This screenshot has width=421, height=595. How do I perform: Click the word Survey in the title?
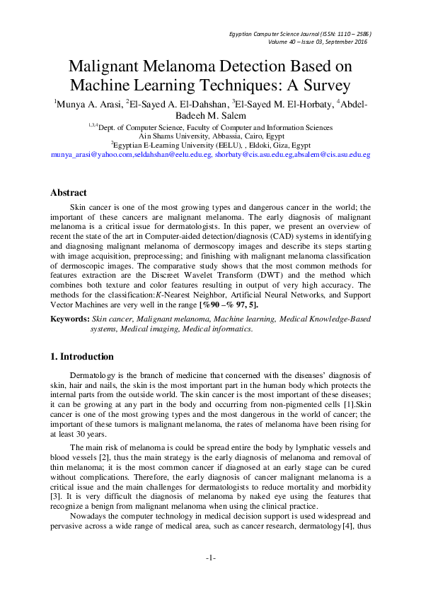(325, 86)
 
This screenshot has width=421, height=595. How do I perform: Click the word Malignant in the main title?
(103, 67)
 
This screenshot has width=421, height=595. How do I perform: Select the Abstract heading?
(69, 193)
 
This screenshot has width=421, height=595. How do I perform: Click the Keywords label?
(69, 319)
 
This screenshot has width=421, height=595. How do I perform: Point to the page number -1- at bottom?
(210, 558)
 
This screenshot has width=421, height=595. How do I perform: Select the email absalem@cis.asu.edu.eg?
(336, 153)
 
